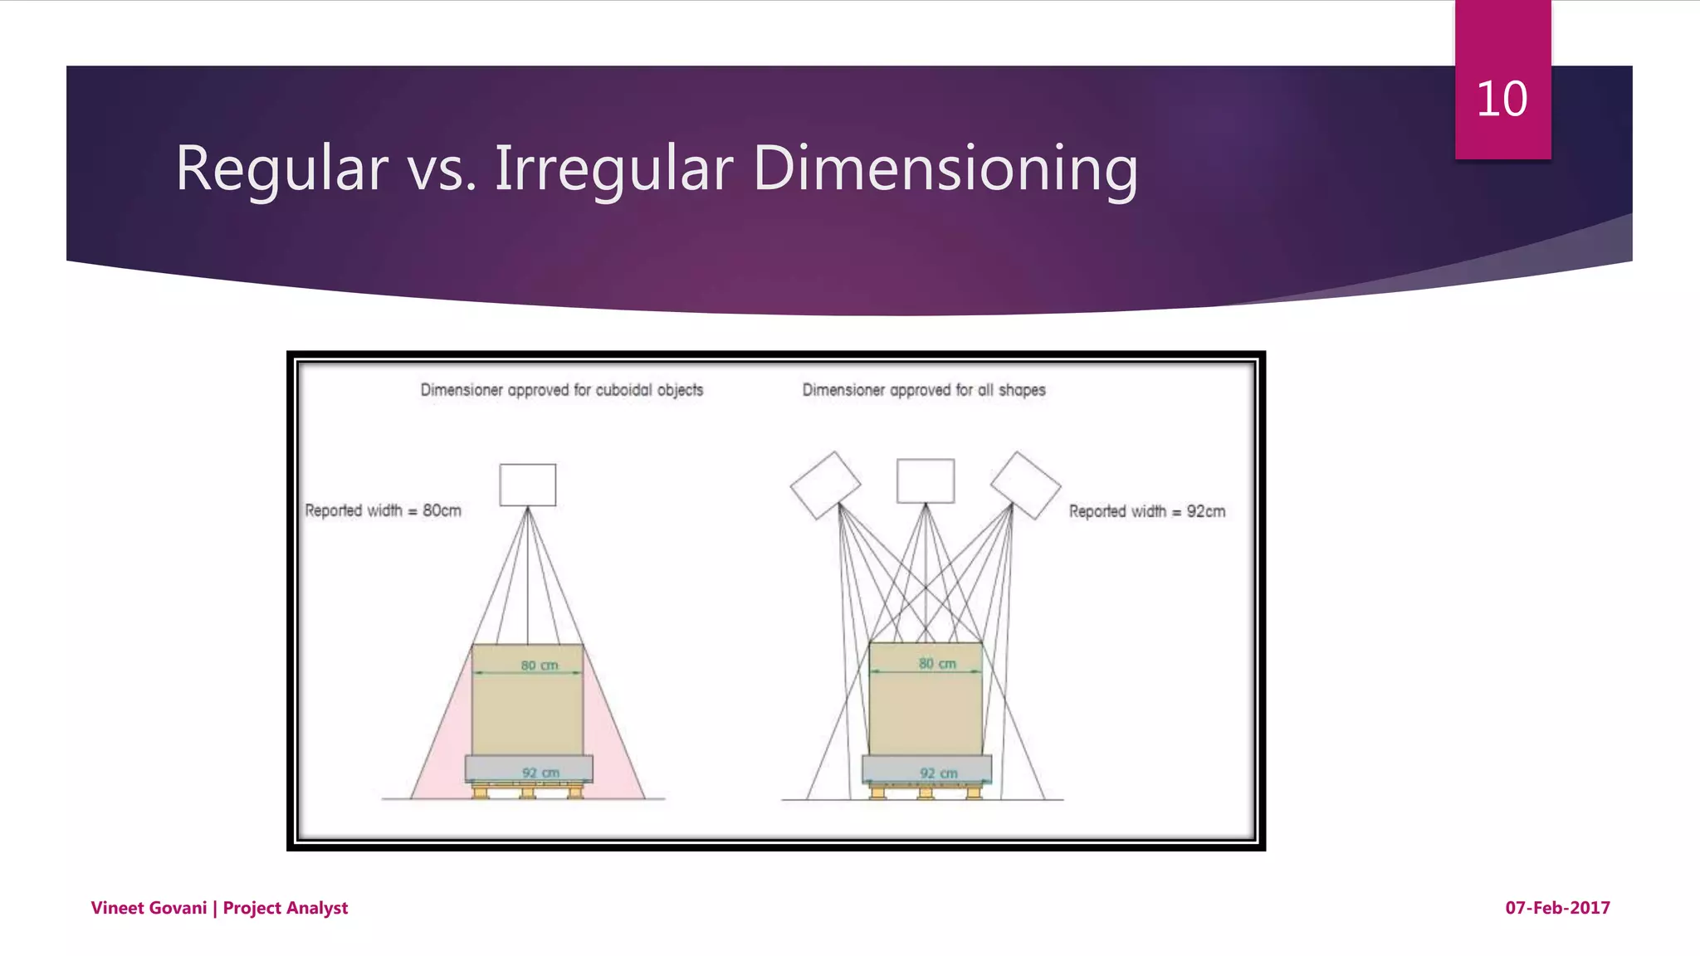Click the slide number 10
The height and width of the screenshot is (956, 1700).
[1502, 99]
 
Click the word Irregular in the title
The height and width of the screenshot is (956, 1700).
[614, 168]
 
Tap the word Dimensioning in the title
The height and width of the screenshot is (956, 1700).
[945, 168]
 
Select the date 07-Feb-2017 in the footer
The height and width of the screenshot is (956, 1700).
[1557, 908]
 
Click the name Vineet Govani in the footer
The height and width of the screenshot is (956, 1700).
[149, 908]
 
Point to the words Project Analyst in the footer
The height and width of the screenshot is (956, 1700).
[286, 908]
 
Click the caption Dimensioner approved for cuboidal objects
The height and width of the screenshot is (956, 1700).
[561, 390]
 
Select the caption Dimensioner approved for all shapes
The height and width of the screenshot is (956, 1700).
[923, 390]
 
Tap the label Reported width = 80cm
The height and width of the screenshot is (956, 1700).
[383, 510]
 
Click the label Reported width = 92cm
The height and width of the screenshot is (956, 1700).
[1146, 511]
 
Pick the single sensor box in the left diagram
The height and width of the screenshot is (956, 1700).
[527, 485]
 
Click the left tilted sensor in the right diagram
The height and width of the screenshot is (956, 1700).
[825, 485]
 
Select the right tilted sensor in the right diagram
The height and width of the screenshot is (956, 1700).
[1025, 485]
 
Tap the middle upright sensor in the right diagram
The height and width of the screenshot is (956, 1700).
[925, 481]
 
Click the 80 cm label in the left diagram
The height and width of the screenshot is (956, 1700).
[539, 665]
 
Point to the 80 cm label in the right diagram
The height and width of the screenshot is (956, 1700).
[937, 663]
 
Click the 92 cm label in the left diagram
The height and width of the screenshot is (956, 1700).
[540, 773]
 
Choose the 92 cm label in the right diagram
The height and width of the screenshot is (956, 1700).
[938, 773]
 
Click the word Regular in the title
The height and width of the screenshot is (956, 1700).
[281, 168]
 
